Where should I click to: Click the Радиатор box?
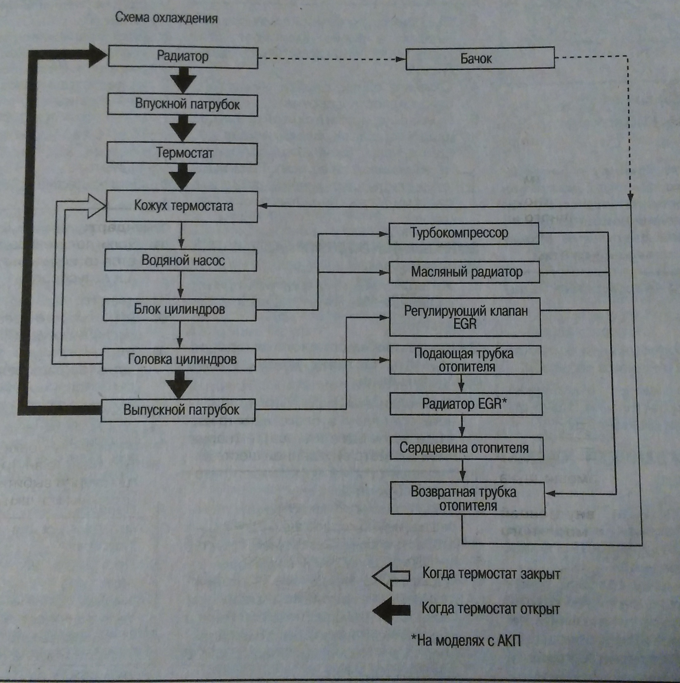coord(183,57)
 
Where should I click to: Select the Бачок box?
coord(480,58)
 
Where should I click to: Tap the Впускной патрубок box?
coord(183,105)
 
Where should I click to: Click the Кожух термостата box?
coord(182,206)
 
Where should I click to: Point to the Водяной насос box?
coord(181,260)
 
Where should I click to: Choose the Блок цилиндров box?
coord(180,309)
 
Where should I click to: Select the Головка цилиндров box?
coord(179,360)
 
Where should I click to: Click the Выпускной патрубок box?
coord(179,410)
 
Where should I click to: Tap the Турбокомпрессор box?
coord(464,233)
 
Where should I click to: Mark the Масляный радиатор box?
coord(464,272)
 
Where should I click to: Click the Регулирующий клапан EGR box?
coord(465,317)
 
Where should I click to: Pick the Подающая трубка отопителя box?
coord(465,360)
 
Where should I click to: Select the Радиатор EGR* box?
coord(466,404)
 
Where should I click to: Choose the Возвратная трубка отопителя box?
coord(467,498)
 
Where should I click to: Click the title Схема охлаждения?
coord(166,18)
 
